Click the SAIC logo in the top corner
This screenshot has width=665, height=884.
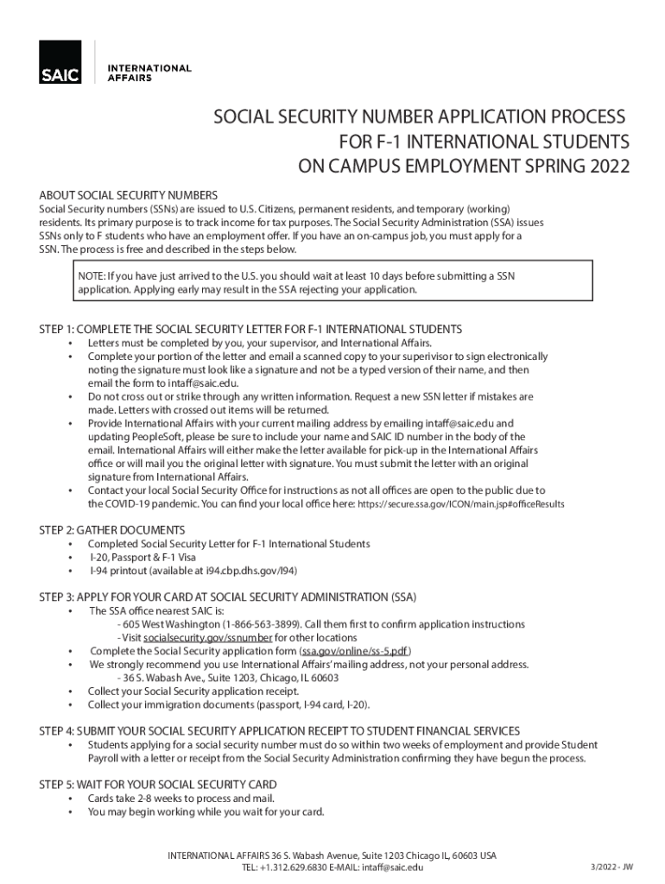[60, 62]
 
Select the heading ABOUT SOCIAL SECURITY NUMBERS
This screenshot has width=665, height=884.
[129, 194]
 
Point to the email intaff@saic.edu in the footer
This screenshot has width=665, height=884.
[393, 868]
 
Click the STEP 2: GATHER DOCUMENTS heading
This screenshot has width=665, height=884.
[112, 529]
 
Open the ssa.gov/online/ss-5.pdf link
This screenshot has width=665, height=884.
[354, 651]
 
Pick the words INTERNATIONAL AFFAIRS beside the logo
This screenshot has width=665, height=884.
[148, 73]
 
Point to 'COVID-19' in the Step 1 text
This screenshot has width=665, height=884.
[135, 502]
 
